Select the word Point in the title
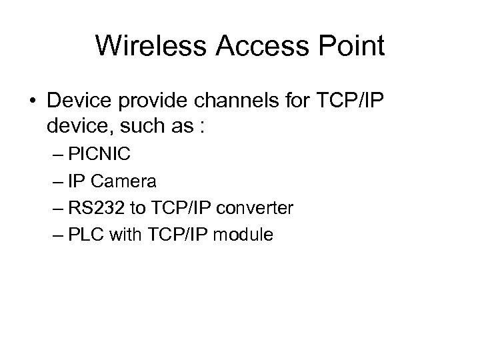click(352, 46)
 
